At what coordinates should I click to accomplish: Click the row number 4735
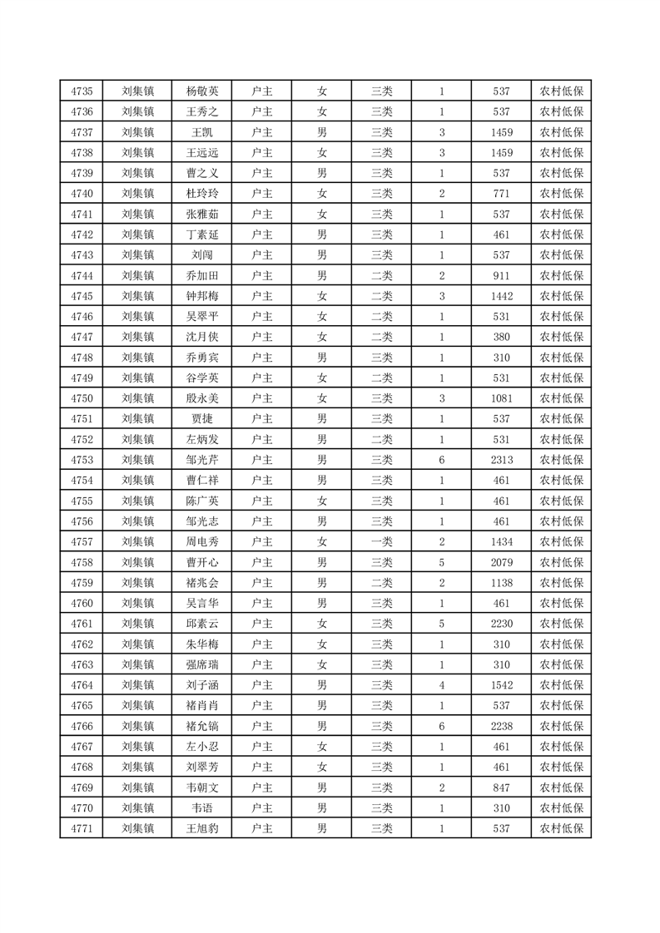82,91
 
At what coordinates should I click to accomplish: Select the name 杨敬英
202,91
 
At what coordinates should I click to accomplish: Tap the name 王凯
202,132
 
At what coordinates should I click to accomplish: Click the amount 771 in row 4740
501,194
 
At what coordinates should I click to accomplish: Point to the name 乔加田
202,275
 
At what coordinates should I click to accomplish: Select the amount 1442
501,296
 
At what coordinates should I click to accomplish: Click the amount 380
501,337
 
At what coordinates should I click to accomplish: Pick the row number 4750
82,398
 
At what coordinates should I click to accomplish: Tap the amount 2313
501,460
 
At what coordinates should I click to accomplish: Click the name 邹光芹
202,460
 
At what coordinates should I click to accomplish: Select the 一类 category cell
381,541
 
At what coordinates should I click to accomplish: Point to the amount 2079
501,562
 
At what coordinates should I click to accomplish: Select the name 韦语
202,807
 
